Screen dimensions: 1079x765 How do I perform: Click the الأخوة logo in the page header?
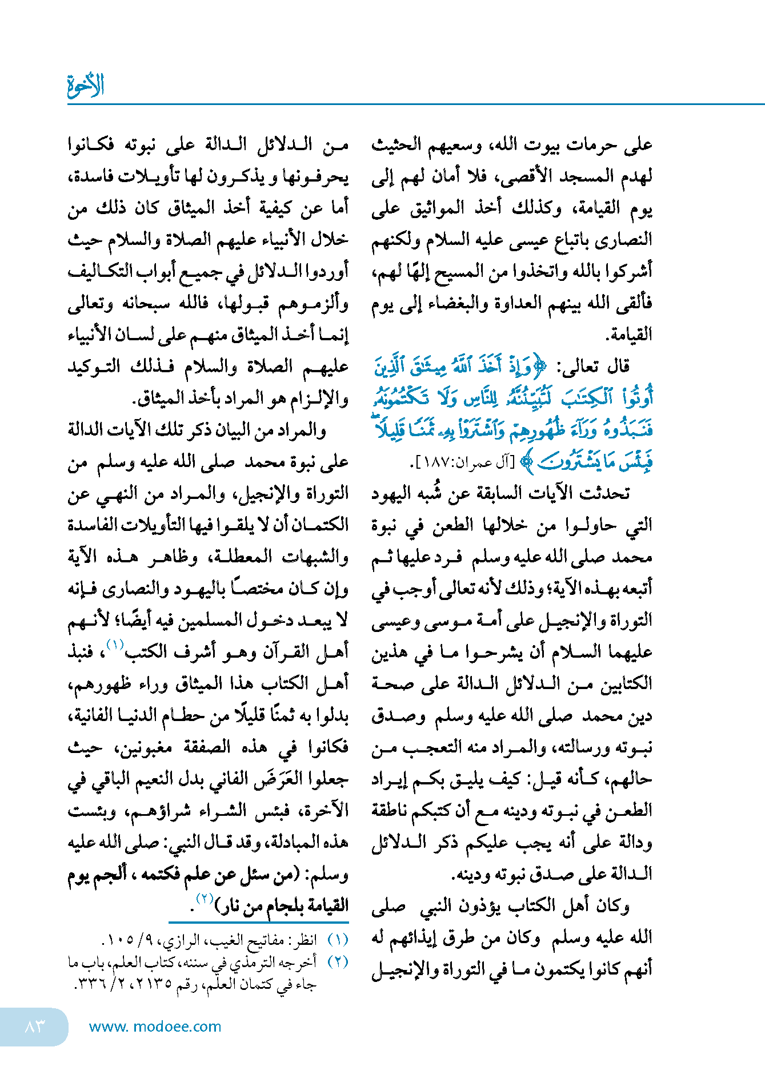click(86, 86)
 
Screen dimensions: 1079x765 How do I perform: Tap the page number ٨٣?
click(35, 1026)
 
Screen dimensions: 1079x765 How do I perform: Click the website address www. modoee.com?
click(155, 1026)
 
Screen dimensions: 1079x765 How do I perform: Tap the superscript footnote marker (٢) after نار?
click(204, 898)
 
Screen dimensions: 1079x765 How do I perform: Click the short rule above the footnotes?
click(258, 922)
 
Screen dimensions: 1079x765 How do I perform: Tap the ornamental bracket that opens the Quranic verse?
click(539, 368)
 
